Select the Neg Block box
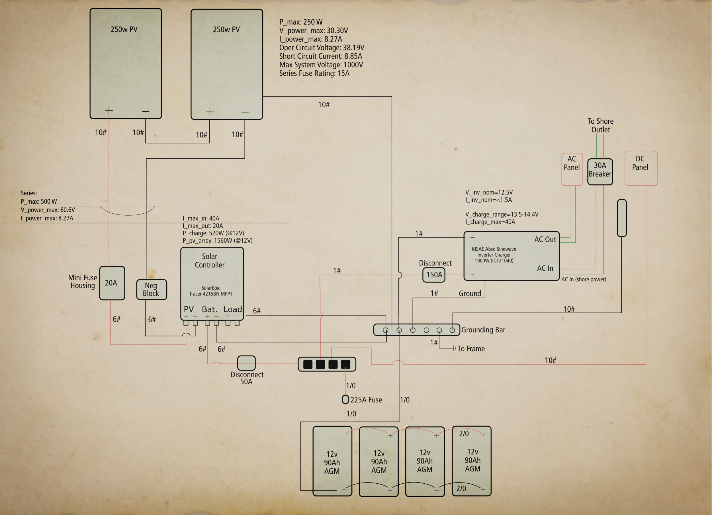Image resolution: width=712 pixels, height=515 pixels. [151, 289]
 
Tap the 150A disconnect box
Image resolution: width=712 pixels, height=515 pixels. [434, 275]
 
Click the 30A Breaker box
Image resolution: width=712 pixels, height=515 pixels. [600, 171]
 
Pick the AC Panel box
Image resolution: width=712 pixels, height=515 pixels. [572, 169]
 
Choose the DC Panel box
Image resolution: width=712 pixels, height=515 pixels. [641, 168]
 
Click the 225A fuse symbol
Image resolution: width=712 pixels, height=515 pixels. [345, 399]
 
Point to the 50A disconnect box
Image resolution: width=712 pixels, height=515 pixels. [246, 363]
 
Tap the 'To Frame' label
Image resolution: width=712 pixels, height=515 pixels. [471, 349]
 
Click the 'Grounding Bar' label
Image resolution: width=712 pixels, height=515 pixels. [483, 330]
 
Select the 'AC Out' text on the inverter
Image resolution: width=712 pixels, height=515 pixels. [545, 239]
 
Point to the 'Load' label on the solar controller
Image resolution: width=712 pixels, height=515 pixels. [233, 309]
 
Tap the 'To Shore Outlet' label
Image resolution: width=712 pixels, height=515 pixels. [600, 125]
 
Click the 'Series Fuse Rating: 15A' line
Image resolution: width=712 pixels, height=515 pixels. [314, 73]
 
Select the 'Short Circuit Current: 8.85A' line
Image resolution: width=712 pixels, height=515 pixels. [320, 56]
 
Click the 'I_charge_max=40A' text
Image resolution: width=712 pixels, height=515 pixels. [490, 222]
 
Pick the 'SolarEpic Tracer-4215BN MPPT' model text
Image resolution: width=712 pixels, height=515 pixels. [211, 291]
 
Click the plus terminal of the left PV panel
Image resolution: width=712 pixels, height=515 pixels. [109, 110]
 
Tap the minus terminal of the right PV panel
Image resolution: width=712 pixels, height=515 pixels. [245, 112]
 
